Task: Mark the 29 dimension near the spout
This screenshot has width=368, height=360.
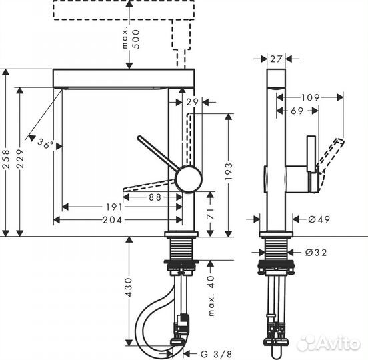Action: (192, 101)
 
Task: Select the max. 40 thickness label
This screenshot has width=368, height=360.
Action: (210, 287)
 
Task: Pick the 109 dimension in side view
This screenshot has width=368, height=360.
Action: (311, 97)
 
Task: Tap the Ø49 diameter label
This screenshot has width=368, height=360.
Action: (319, 218)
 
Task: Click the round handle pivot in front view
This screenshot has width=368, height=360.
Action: (187, 178)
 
